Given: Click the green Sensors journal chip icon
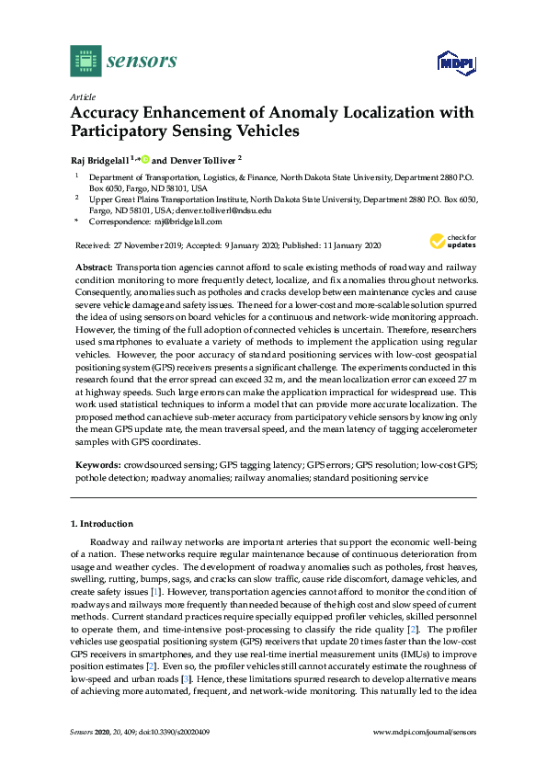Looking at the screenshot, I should [85, 62].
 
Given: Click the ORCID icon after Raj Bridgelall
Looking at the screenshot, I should [144, 158].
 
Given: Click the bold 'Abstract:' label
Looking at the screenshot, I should [93, 266].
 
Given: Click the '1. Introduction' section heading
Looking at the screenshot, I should [102, 524].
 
